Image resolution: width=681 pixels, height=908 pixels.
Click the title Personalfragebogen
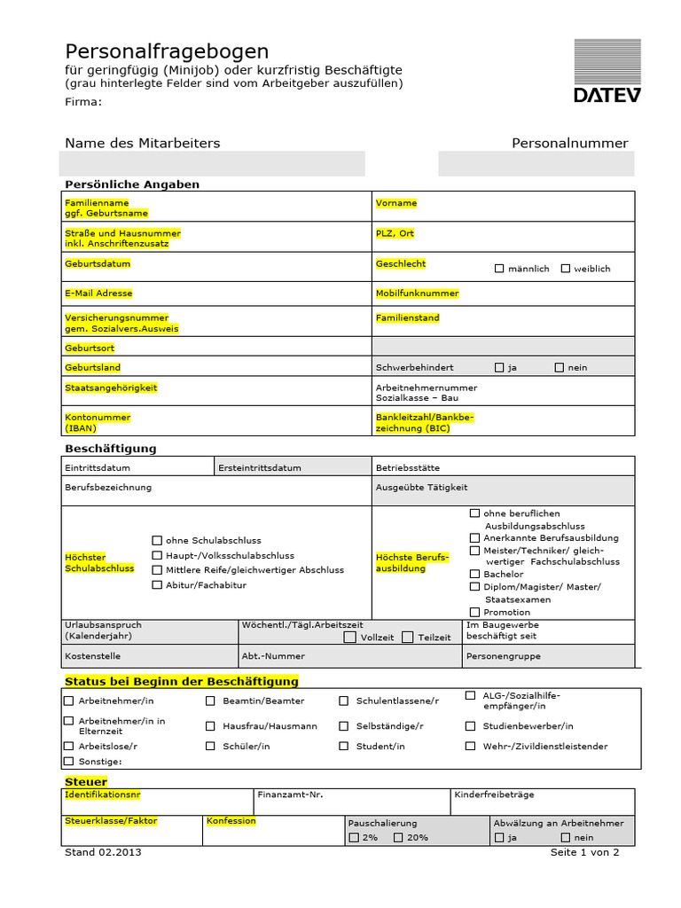coord(167,51)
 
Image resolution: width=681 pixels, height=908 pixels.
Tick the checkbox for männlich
coord(499,269)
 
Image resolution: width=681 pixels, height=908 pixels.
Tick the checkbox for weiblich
coord(566,269)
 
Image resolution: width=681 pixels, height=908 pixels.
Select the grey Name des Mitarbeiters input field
coord(212,164)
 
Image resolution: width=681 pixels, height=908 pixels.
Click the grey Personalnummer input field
coord(536,164)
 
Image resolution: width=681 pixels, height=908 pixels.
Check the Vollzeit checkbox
coord(350,637)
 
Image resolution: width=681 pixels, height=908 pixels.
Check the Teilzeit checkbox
coord(408,637)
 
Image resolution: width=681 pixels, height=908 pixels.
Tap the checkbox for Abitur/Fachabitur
coord(157,585)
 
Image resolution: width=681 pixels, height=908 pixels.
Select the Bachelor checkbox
coord(475,574)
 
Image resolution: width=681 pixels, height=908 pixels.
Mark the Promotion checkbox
coord(475,612)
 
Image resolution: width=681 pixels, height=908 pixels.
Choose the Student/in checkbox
coord(344,747)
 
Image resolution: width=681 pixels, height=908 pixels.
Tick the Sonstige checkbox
coord(69,762)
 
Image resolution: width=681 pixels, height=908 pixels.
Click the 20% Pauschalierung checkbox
coord(398,837)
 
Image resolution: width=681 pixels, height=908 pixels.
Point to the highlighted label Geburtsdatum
coord(98,264)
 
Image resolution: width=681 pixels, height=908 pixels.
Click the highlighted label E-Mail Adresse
coord(98,294)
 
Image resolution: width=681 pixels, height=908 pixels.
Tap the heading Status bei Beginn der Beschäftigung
coord(182,681)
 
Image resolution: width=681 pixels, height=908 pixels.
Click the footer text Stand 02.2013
coord(103,852)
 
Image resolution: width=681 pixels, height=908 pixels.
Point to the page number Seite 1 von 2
coord(584,852)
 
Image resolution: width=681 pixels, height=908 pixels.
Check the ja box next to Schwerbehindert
coord(499,367)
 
